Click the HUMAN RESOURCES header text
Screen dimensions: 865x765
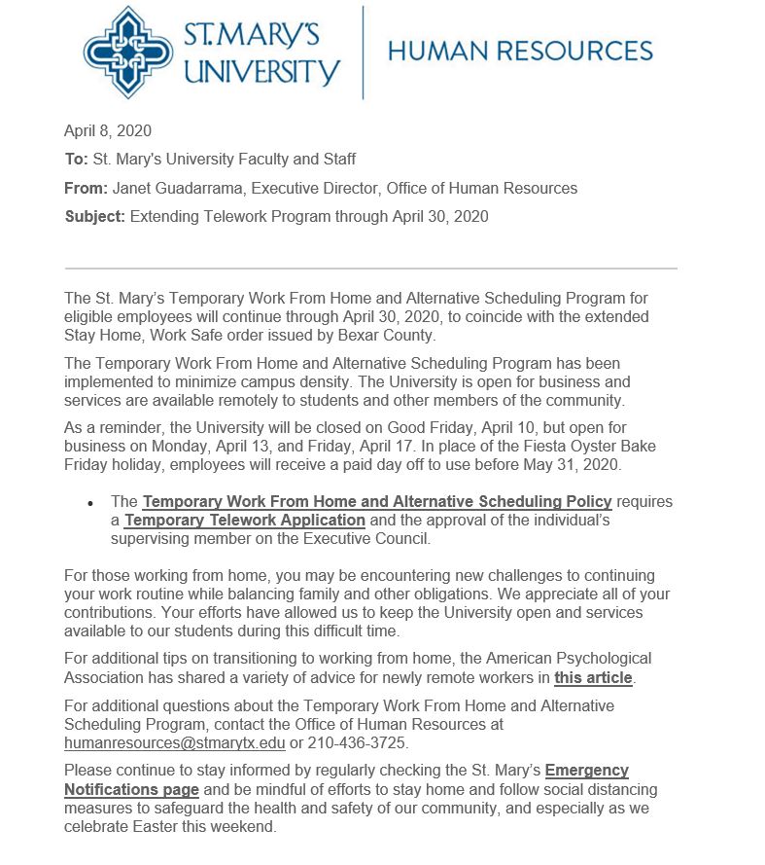click(520, 51)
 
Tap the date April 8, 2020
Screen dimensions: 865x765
click(107, 131)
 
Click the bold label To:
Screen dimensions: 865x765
click(76, 160)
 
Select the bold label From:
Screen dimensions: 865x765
click(86, 188)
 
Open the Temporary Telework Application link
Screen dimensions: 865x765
click(245, 521)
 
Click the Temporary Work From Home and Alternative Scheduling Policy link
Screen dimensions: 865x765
click(377, 502)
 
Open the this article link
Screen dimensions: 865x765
click(593, 677)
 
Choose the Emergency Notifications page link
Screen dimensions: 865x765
click(131, 789)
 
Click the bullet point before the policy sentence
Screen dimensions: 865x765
click(90, 504)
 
